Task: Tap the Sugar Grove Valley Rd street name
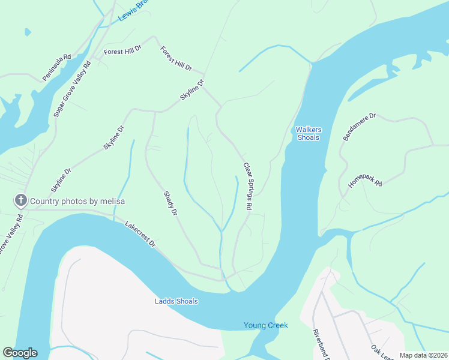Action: tap(73, 89)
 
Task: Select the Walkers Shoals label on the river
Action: tap(309, 133)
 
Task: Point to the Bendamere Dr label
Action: tap(359, 127)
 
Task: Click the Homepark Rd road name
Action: tap(365, 188)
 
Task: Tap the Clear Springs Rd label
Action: tap(247, 186)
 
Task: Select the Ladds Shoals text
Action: tap(176, 301)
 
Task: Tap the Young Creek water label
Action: tap(265, 325)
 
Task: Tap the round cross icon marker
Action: tap(20, 200)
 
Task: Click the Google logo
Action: tap(20, 353)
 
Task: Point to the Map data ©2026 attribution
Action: tap(423, 355)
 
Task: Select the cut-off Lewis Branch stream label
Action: tap(133, 11)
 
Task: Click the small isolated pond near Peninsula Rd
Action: tap(26, 32)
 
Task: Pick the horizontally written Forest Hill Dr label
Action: tap(122, 52)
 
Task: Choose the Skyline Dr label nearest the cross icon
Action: tap(61, 179)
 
